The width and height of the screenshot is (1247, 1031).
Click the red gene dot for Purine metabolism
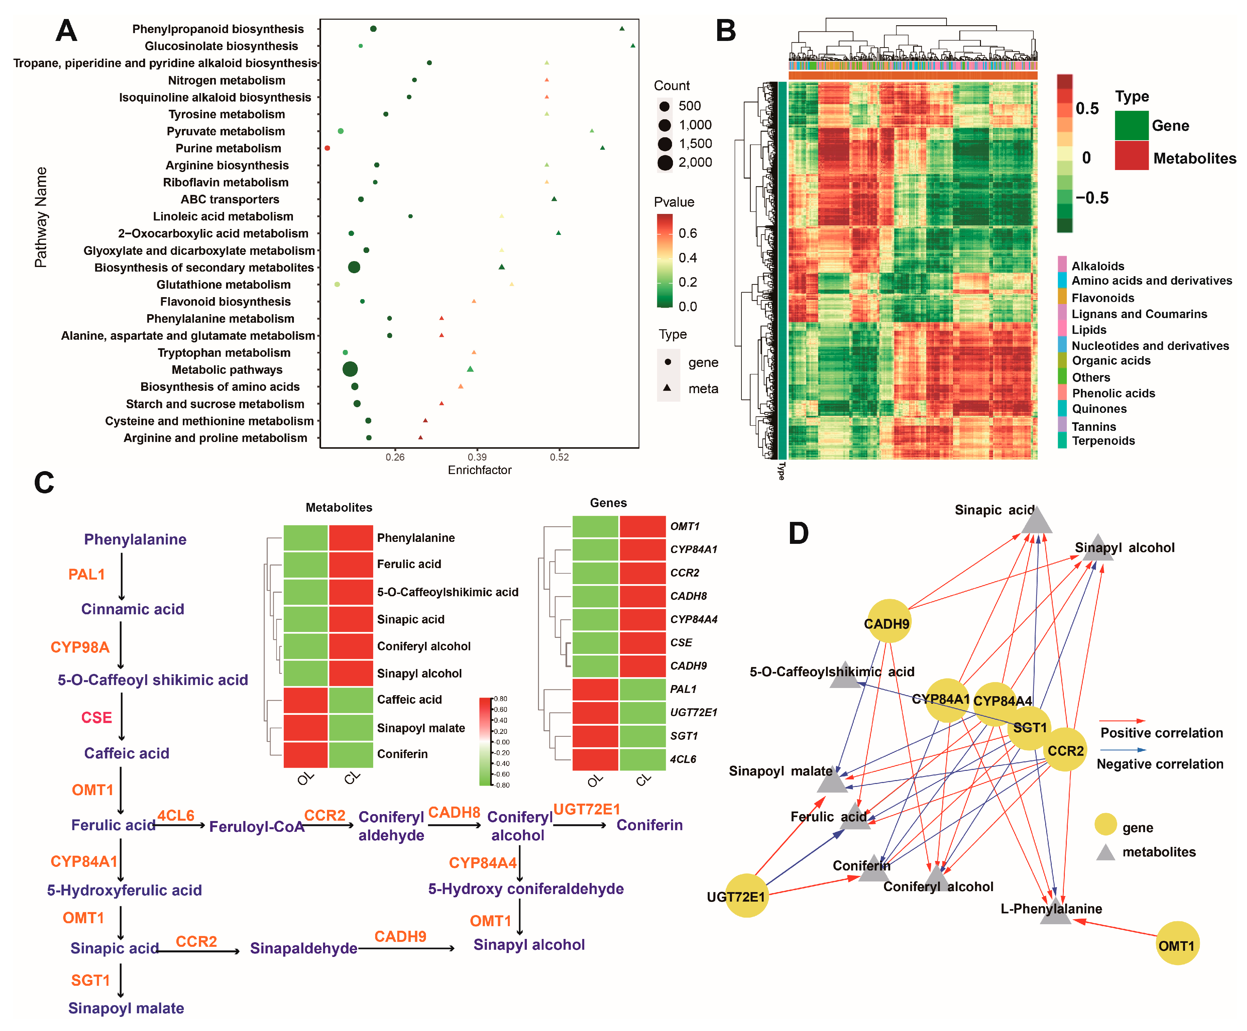(327, 148)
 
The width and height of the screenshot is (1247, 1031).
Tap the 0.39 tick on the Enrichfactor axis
(477, 457)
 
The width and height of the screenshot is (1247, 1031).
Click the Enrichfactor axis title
(479, 470)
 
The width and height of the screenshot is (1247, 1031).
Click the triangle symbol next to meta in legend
(667, 388)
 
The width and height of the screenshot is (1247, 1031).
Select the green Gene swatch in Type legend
(1131, 125)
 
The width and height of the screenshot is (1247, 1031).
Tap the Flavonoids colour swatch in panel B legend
(1062, 297)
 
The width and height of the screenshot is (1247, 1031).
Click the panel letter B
(726, 31)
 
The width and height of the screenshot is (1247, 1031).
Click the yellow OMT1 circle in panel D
(1178, 943)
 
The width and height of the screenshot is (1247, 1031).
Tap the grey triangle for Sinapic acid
(1037, 521)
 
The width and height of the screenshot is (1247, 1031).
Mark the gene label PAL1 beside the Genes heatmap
(683, 689)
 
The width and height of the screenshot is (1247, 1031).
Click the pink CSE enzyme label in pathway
(96, 717)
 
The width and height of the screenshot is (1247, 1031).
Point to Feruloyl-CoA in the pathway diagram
(257, 827)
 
